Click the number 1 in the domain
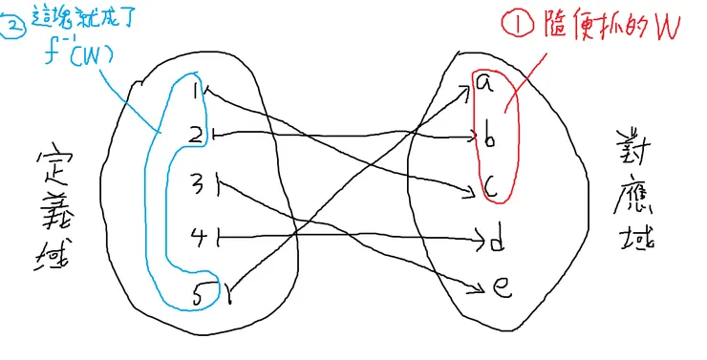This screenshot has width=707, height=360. (x=197, y=91)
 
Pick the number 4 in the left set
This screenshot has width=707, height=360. (x=197, y=235)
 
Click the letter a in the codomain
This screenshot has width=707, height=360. (x=483, y=84)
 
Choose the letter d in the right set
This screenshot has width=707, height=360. (x=496, y=242)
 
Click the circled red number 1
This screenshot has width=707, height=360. (x=509, y=27)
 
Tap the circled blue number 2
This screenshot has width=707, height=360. (x=14, y=27)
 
